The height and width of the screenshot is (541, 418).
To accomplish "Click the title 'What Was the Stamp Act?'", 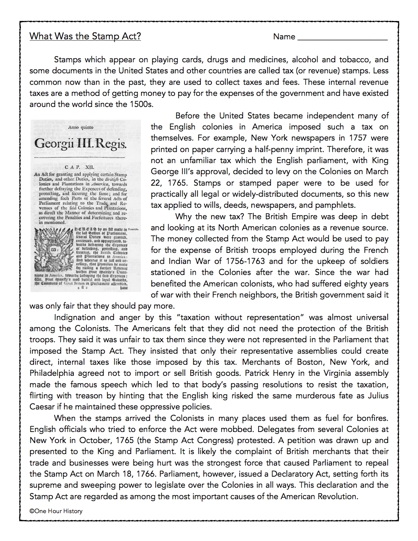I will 85,36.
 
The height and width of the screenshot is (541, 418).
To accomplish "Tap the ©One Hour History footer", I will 56,511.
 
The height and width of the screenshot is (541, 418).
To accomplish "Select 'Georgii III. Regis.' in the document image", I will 81,145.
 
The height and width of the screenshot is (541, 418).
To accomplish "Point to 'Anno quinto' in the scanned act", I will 80,127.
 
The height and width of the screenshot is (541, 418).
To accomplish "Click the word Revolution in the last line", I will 338,496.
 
